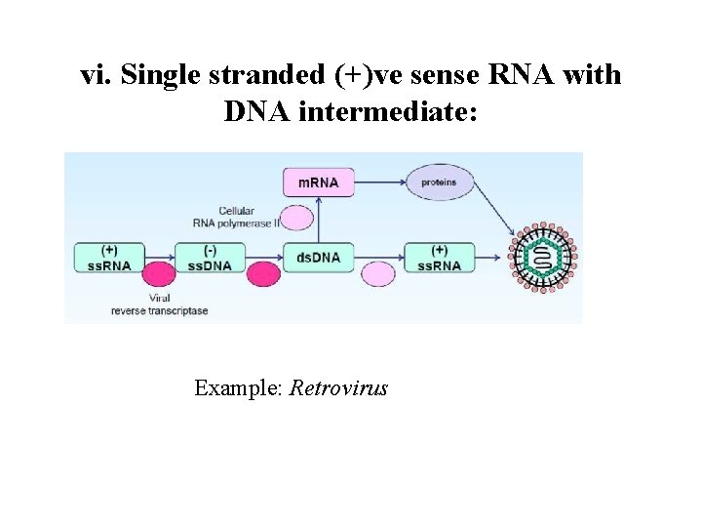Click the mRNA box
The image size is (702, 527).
point(318,182)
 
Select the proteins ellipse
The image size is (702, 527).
point(439,182)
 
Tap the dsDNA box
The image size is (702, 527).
point(318,258)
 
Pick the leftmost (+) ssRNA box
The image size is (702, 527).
point(108,258)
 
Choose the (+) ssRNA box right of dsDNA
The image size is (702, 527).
point(439,258)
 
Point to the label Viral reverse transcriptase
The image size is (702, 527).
point(159,304)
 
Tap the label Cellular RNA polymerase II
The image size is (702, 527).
point(244,217)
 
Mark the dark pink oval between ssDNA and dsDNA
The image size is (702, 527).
point(262,273)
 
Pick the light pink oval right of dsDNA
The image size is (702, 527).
point(378,273)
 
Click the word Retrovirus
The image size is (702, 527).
point(338,388)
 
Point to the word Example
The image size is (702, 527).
point(238,388)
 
